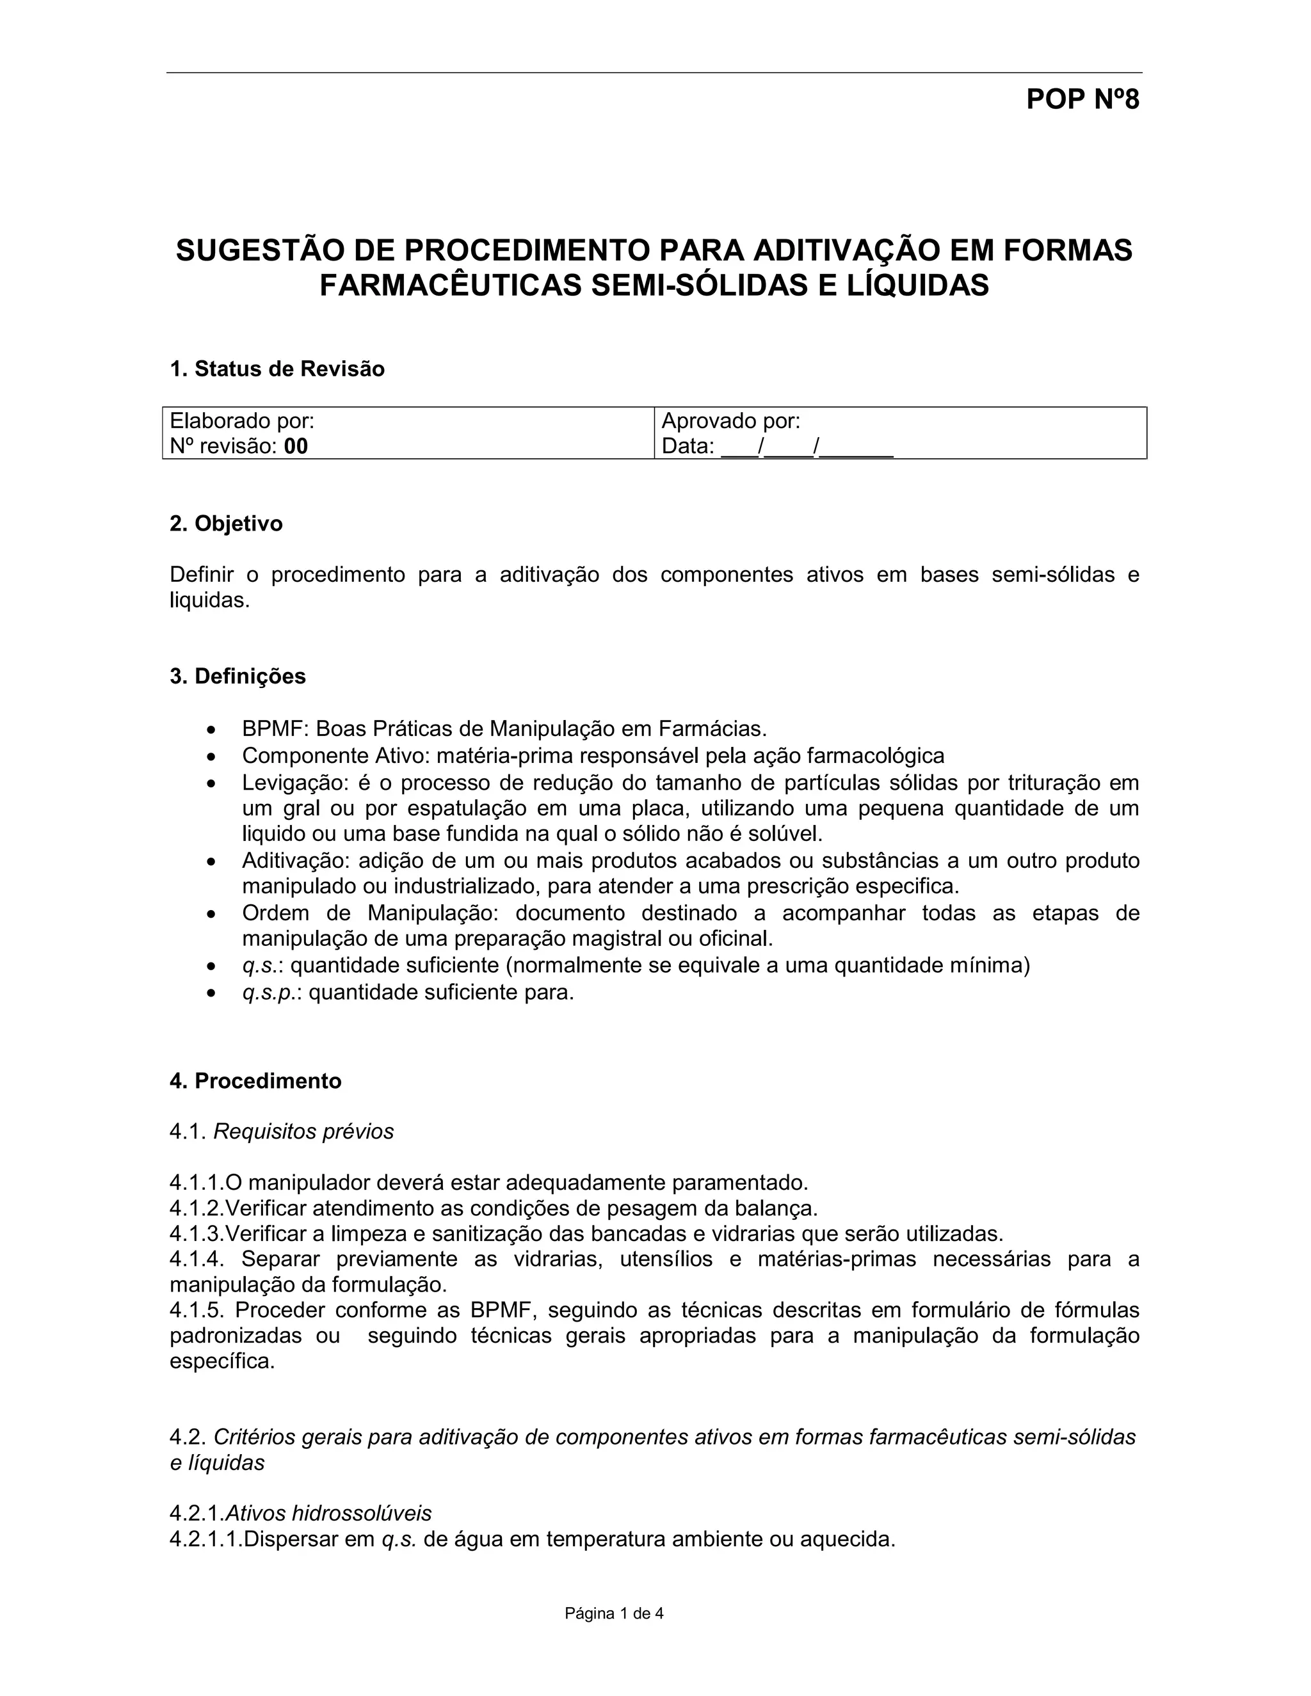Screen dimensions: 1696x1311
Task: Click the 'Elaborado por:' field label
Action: coord(241,421)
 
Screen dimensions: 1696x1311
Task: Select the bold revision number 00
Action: coord(296,447)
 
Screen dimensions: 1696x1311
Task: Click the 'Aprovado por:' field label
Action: coord(730,421)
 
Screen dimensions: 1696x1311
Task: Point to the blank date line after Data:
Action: coord(807,447)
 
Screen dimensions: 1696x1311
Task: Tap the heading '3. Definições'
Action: coord(237,676)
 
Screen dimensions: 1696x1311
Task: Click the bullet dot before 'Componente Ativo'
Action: coord(211,756)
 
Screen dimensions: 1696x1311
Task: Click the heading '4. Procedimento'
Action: coord(255,1081)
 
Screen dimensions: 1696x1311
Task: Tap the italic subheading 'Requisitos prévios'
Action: coord(303,1132)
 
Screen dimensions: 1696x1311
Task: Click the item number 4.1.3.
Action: coord(196,1234)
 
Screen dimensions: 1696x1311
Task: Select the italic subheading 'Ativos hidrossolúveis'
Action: coord(328,1513)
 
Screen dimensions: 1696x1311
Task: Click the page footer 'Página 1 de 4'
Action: coord(613,1613)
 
